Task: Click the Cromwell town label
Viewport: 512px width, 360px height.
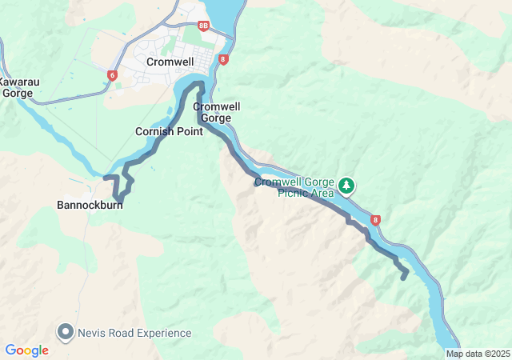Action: [x=170, y=61]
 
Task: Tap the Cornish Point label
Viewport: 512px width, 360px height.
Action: [x=169, y=131]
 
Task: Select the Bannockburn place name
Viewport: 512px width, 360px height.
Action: [x=89, y=205]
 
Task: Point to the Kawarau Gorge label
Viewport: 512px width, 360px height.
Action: [x=17, y=87]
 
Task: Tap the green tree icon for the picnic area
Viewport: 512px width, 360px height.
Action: [x=346, y=186]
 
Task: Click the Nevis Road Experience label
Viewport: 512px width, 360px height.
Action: [x=134, y=333]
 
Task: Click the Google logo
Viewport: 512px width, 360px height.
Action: [x=26, y=350]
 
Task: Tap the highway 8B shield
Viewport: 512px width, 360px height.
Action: [x=203, y=26]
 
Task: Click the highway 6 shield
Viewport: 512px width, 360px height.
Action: [x=112, y=75]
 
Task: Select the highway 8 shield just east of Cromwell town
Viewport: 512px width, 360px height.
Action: [x=223, y=59]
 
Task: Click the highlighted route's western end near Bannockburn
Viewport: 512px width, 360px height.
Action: [x=106, y=176]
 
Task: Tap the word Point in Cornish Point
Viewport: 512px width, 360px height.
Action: [x=189, y=131]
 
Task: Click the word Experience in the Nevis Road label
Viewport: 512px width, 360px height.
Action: [x=162, y=333]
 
